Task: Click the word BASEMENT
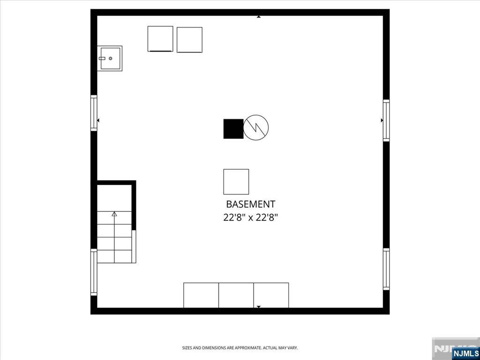pyautogui.click(x=250, y=204)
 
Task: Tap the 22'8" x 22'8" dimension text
pyautogui.click(x=250, y=217)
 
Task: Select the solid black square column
pyautogui.click(x=233, y=129)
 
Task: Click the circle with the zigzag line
pyautogui.click(x=256, y=127)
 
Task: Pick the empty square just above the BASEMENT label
pyautogui.click(x=236, y=182)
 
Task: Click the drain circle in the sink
pyautogui.click(x=111, y=58)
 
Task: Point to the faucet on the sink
pyautogui.click(x=102, y=58)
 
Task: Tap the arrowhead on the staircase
pyautogui.click(x=114, y=214)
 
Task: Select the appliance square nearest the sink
pyautogui.click(x=160, y=39)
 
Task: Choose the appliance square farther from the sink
pyautogui.click(x=189, y=40)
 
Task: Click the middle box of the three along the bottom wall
pyautogui.click(x=236, y=295)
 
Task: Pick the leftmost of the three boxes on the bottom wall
pyautogui.click(x=201, y=295)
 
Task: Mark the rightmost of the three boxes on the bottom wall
pyautogui.click(x=271, y=295)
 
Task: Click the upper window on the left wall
pyautogui.click(x=94, y=113)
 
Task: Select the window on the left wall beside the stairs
pyautogui.click(x=94, y=272)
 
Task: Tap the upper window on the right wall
pyautogui.click(x=386, y=120)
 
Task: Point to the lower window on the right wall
pyautogui.click(x=386, y=269)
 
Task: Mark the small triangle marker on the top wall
pyautogui.click(x=259, y=17)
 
